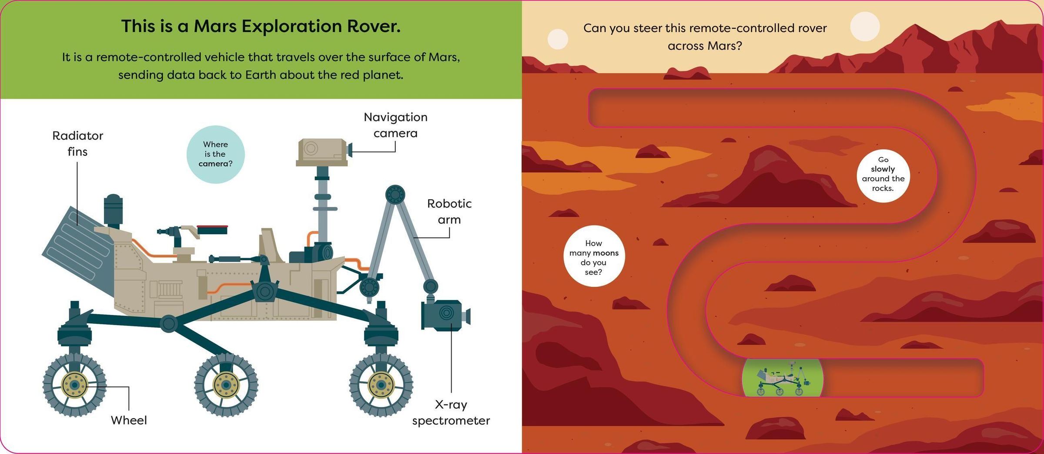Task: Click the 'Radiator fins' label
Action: point(77,143)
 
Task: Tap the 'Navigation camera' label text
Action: point(395,125)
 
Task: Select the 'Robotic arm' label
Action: point(449,212)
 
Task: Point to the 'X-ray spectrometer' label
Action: point(451,413)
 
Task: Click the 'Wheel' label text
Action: point(129,420)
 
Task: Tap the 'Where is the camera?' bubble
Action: point(215,154)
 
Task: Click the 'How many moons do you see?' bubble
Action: point(594,256)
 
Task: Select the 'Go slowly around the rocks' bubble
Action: point(883,176)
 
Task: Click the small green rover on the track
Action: point(783,378)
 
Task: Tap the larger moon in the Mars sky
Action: point(865,27)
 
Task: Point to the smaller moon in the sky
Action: point(558,39)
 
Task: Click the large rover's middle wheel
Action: point(226,385)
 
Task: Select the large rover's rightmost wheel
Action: point(381,385)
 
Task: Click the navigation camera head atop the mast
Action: point(324,152)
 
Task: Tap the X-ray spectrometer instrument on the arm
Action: point(445,314)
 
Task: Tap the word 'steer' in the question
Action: point(659,28)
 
